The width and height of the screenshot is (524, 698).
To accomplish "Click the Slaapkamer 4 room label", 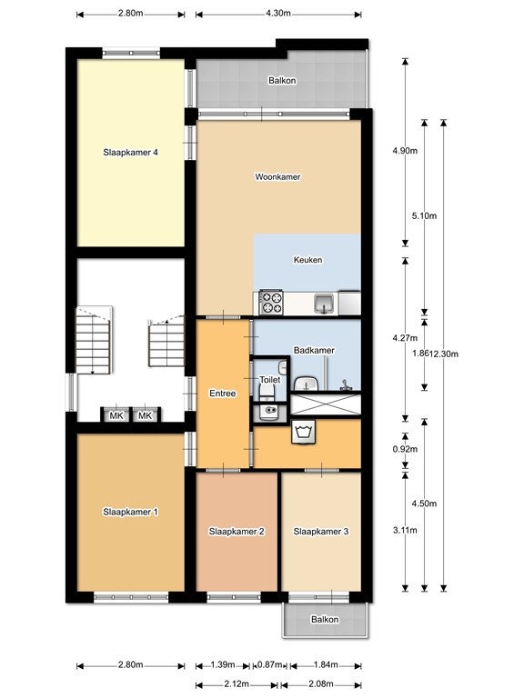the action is [131, 153].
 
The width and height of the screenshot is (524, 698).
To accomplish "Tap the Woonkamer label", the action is [277, 176].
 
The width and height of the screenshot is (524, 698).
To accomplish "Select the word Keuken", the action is [307, 260].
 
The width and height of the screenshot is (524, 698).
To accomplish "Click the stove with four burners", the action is [271, 303].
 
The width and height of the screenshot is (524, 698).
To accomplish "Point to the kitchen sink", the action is [323, 304].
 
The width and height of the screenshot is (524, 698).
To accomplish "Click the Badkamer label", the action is [314, 350].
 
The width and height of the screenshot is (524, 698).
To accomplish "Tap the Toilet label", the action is [270, 380].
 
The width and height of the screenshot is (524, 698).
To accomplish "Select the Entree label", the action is [222, 394].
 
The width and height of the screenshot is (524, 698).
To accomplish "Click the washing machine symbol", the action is [304, 432].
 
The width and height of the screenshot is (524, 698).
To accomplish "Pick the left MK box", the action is [116, 415].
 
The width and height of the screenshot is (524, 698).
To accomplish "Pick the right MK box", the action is [146, 415].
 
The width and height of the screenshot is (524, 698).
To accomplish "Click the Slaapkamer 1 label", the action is [131, 512].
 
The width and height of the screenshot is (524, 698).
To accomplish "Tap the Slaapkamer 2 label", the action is [237, 532].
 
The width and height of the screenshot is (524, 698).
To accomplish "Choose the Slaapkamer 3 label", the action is [321, 532].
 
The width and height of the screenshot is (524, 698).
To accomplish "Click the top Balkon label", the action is [282, 81].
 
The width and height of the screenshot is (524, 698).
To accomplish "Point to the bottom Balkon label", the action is [325, 619].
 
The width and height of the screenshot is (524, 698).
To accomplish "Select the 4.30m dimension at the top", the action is [278, 13].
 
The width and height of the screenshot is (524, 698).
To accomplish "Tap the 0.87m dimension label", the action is [270, 665].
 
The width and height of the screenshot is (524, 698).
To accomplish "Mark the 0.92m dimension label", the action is [405, 449].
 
